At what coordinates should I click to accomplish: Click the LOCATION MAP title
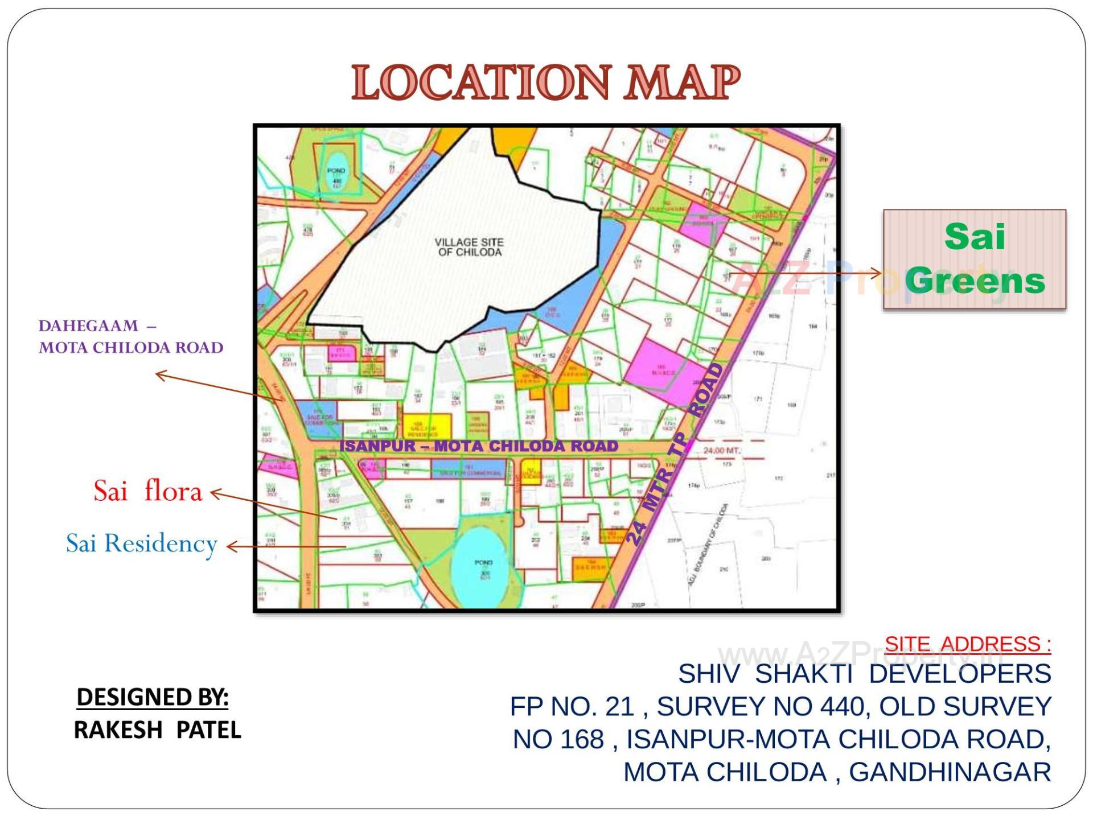(545, 83)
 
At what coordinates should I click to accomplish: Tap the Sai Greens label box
(974, 259)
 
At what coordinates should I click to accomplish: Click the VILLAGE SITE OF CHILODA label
(469, 247)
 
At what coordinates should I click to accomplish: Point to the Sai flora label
(147, 491)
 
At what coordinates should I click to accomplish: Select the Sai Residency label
(142, 543)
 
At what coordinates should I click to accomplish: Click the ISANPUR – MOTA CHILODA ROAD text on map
(478, 446)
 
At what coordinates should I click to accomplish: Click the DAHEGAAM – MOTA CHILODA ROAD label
(130, 337)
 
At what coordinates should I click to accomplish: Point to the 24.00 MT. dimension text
(722, 451)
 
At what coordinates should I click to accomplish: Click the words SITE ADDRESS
(967, 644)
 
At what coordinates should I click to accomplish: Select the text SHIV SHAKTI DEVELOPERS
(864, 674)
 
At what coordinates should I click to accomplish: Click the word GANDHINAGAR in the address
(950, 773)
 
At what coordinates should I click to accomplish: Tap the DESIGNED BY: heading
(153, 697)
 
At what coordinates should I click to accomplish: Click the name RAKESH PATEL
(158, 730)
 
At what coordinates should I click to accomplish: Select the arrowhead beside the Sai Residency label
(231, 547)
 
